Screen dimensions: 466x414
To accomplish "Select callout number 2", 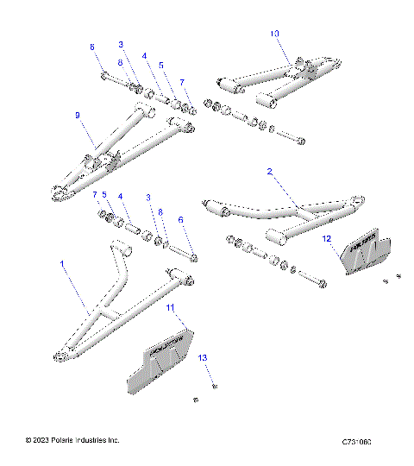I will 270,173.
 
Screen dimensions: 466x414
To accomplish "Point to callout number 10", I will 275,34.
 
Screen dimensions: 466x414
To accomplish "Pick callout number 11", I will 170,307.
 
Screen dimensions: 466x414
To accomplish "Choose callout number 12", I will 327,236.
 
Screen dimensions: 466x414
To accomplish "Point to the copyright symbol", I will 30,441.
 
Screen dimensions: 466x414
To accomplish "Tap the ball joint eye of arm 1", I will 61,353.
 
